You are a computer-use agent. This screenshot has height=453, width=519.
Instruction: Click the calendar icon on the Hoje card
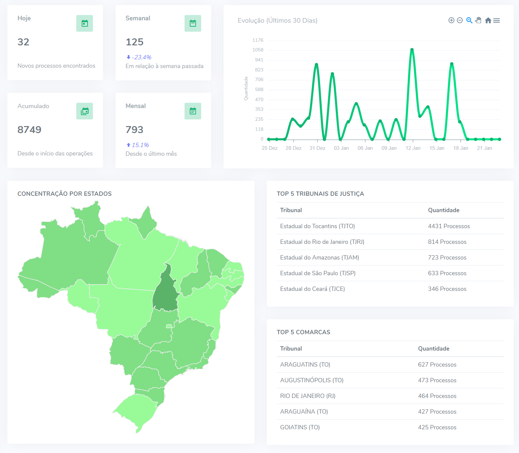click(x=85, y=23)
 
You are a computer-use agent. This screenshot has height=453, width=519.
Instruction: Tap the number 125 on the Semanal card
click(x=135, y=42)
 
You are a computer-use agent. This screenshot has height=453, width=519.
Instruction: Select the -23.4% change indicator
click(x=139, y=57)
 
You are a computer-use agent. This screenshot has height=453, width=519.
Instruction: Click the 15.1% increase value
click(x=138, y=145)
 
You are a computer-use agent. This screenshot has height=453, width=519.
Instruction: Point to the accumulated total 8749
click(x=29, y=130)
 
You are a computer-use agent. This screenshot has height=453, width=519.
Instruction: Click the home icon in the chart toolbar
click(x=488, y=21)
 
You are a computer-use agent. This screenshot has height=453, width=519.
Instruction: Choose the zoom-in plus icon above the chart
click(x=451, y=21)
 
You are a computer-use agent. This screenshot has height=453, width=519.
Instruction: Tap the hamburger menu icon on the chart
click(x=497, y=21)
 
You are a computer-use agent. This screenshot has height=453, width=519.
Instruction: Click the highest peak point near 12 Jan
click(x=412, y=50)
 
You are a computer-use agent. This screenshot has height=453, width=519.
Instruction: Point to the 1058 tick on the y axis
click(x=258, y=50)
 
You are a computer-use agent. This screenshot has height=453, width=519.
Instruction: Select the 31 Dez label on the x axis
click(x=317, y=148)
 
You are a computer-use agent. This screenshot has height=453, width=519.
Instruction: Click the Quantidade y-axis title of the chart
click(x=246, y=88)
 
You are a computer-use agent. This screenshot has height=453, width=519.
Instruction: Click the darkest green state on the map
click(x=165, y=292)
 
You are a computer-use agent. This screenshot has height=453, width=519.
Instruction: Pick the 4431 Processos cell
click(x=449, y=226)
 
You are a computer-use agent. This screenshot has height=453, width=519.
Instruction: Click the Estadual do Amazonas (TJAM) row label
click(x=319, y=258)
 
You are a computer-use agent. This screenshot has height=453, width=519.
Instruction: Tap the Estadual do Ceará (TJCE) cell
click(x=312, y=289)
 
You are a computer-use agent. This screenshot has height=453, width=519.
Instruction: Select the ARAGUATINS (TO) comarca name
click(x=305, y=365)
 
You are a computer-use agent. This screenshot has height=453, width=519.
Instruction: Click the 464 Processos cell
click(x=437, y=396)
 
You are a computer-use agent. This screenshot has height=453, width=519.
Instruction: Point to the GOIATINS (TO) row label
click(x=300, y=427)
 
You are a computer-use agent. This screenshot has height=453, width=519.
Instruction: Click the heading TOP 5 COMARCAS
click(x=303, y=332)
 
